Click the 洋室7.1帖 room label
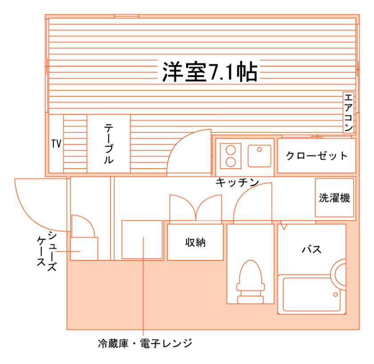(x=209, y=72)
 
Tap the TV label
(x=56, y=144)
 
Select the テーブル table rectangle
(x=109, y=143)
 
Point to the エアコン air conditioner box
(x=349, y=113)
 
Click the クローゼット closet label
(x=317, y=156)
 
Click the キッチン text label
(x=237, y=182)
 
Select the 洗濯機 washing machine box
(x=334, y=197)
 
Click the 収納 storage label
(x=195, y=242)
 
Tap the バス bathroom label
(x=312, y=249)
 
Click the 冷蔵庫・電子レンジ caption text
(x=145, y=344)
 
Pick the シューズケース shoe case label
(x=46, y=249)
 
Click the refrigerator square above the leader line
(x=142, y=239)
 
